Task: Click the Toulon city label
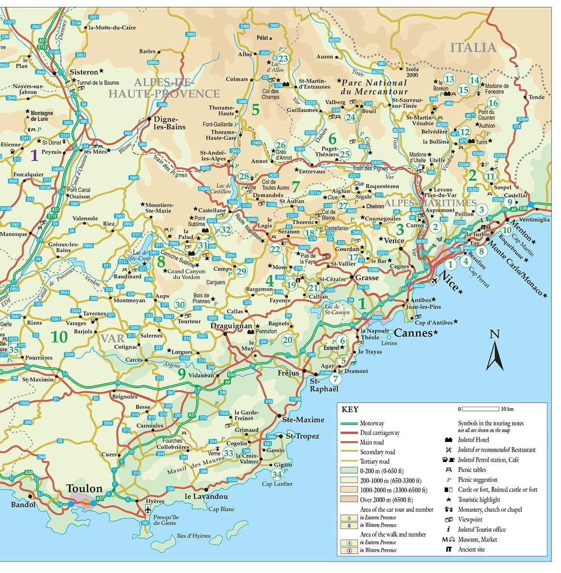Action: coord(84,489)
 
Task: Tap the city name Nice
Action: coord(449,282)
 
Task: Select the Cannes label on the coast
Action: coord(413,333)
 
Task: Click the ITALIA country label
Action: coord(473,48)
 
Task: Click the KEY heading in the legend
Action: coord(350,409)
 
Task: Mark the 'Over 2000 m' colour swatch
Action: coord(350,499)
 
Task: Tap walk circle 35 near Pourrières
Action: coord(14,349)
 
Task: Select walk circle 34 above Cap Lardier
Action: coord(277,474)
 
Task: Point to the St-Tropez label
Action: coord(302,436)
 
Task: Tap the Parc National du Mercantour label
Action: coord(374,87)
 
